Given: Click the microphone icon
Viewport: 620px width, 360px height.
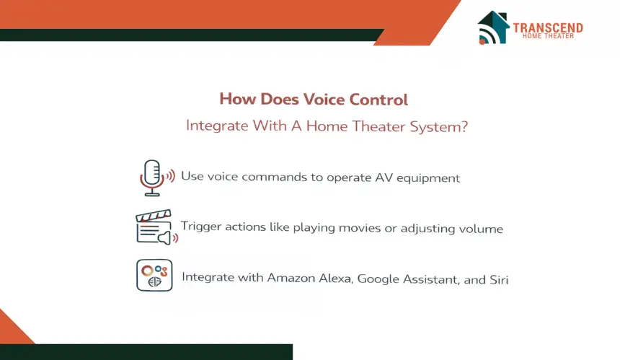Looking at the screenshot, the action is (157, 177).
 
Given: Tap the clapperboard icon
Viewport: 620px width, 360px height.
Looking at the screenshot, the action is (156, 227).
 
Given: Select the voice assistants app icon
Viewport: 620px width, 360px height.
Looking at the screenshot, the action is (154, 276).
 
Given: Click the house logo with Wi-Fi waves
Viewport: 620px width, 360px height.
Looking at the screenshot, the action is (493, 27).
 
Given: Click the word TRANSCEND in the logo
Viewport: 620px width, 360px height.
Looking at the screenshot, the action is (548, 27).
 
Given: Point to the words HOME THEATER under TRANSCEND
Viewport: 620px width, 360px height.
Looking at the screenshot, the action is (548, 36).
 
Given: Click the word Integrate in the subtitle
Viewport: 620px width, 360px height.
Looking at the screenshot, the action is (217, 126).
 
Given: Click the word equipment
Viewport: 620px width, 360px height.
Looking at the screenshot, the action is (428, 179).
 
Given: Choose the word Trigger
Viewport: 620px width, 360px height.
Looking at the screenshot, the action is (201, 227).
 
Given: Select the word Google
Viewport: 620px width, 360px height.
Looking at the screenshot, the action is (378, 279).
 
